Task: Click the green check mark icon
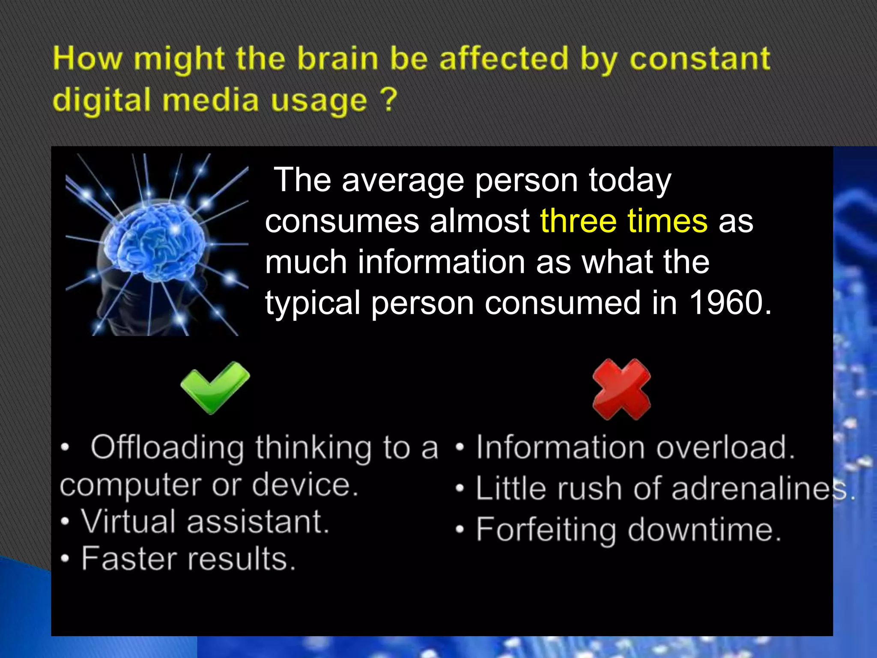point(215,387)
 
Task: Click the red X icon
point(621,389)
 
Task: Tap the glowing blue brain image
point(157,244)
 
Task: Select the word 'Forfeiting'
point(546,530)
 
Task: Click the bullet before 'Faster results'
point(65,559)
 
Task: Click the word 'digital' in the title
point(101,100)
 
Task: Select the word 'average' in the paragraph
point(403,180)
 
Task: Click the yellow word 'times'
point(667,221)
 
